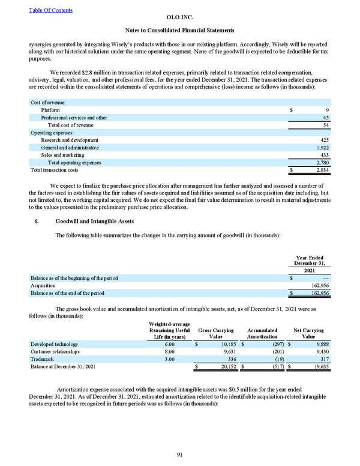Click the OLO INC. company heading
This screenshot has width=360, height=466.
click(179, 18)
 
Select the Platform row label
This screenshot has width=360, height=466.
click(50, 110)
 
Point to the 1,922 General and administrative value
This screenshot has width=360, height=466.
click(324, 147)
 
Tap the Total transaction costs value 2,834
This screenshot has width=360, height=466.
click(324, 171)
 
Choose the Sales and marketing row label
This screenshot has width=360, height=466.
click(62, 155)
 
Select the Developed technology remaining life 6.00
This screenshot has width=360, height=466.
click(169, 345)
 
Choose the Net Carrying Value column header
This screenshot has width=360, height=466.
click(308, 333)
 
